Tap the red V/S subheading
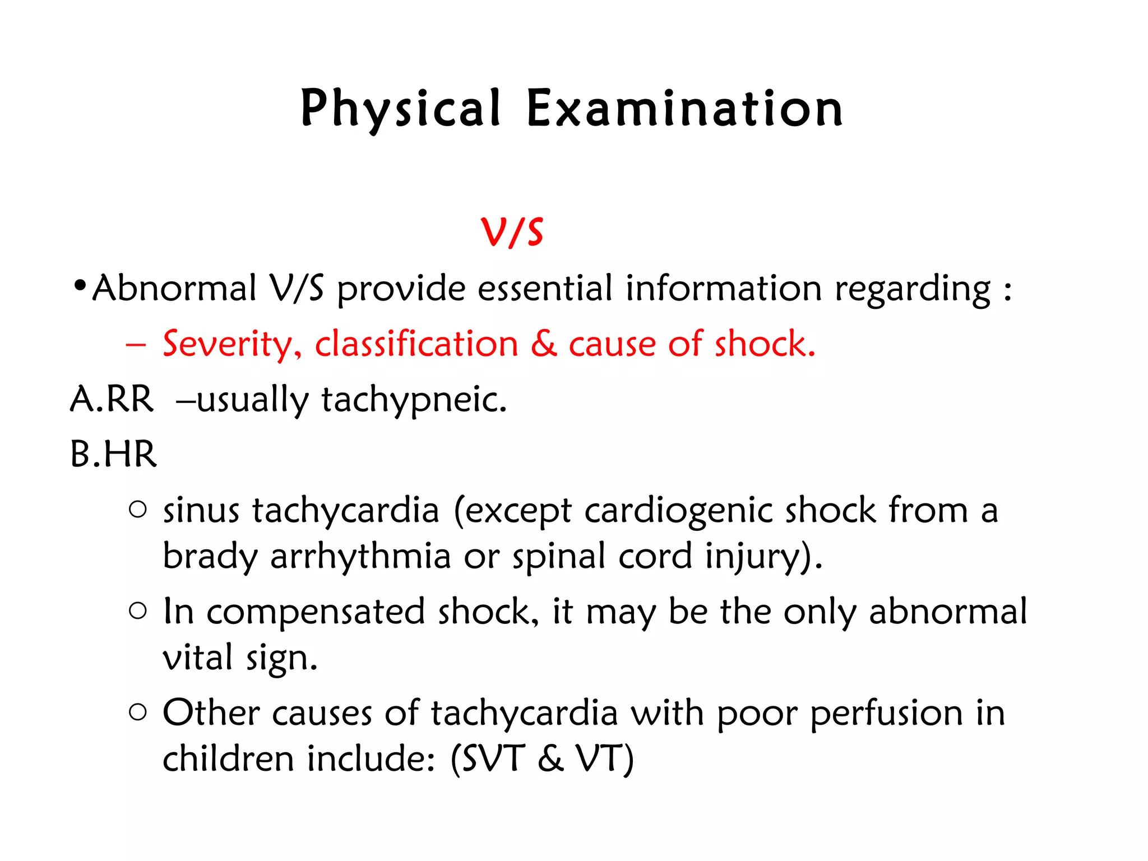(512, 232)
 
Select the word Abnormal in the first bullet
(174, 289)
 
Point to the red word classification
(416, 344)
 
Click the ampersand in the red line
(543, 344)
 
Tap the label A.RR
(112, 399)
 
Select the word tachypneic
(414, 400)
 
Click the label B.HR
(113, 454)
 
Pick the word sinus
(201, 511)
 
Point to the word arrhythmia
(360, 557)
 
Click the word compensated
(316, 612)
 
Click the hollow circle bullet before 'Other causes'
(137, 712)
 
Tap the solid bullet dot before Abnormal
(80, 286)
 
